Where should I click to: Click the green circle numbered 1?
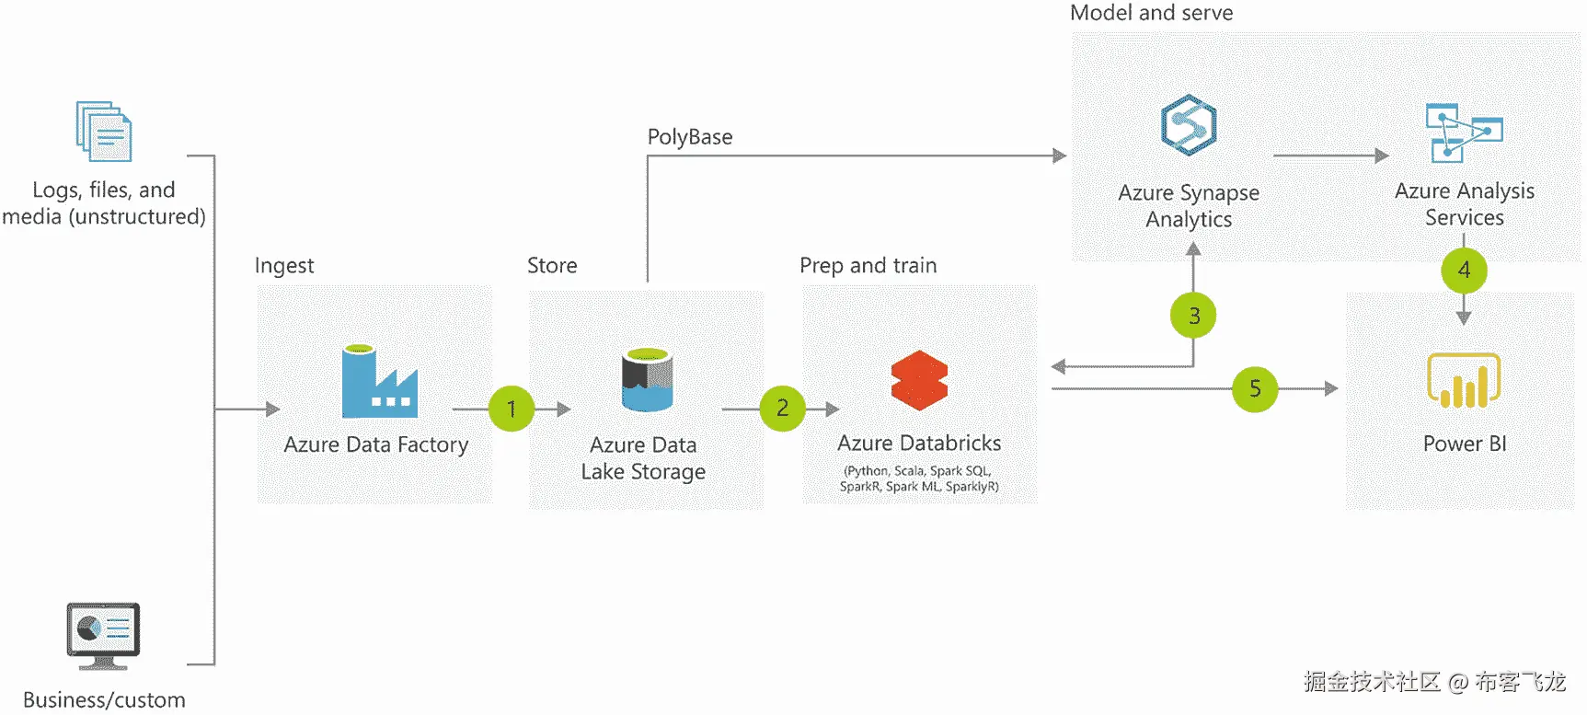[512, 409]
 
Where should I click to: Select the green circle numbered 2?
[783, 408]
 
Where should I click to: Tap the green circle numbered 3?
[1193, 316]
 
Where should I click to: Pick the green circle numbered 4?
[1464, 270]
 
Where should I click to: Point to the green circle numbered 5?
[1255, 388]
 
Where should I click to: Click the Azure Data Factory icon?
[379, 381]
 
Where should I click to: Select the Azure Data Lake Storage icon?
[647, 379]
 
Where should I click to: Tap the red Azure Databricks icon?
[919, 380]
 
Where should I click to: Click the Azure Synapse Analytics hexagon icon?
[1189, 125]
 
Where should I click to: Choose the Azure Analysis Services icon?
[1464, 132]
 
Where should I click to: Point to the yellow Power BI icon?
[1464, 380]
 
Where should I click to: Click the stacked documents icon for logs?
[104, 132]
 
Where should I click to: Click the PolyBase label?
[690, 137]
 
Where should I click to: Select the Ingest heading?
[284, 266]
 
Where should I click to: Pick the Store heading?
[552, 266]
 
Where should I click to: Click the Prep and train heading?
[868, 266]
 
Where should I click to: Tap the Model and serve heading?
[1151, 13]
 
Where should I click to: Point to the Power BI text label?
[1465, 444]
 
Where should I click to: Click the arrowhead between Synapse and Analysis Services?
[1382, 156]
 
